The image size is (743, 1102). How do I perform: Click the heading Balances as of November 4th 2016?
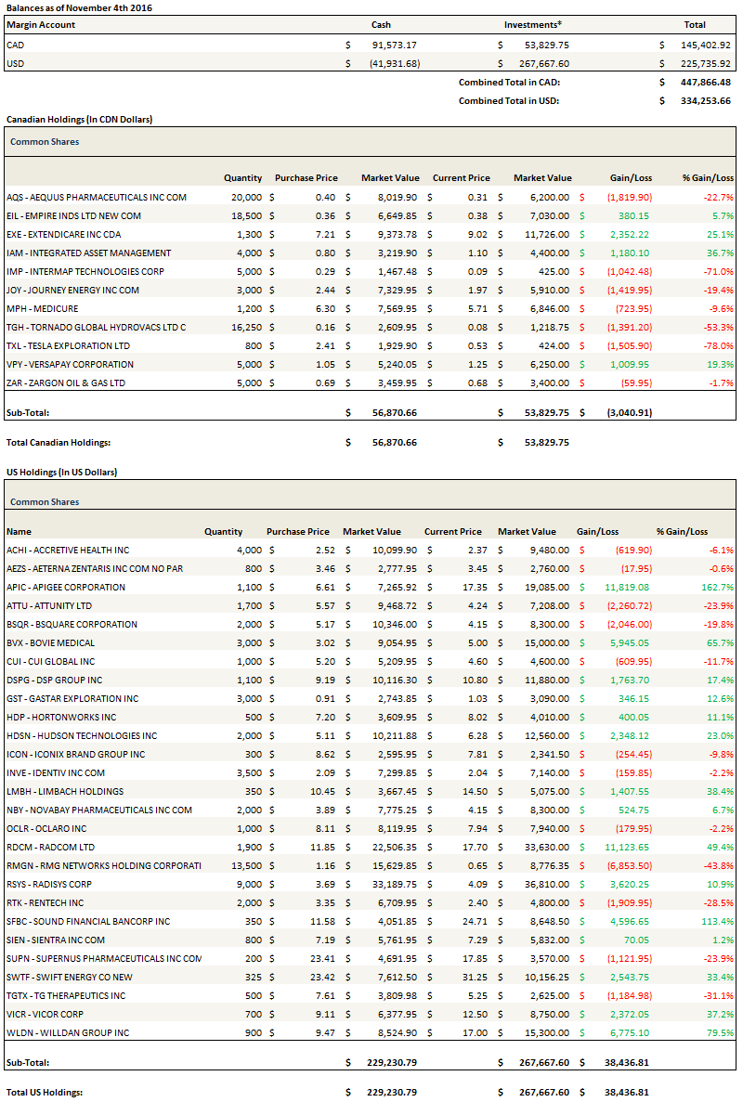[79, 7]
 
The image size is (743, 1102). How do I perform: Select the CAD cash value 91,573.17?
[394, 45]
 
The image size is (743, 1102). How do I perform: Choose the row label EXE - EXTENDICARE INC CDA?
[63, 234]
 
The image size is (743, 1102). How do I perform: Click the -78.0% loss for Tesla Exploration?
[718, 345]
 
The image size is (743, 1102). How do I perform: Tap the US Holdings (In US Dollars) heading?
[61, 472]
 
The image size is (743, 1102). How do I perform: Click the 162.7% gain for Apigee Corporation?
[718, 587]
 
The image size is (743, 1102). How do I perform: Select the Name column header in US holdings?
[19, 532]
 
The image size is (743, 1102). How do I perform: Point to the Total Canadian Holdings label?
[59, 443]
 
